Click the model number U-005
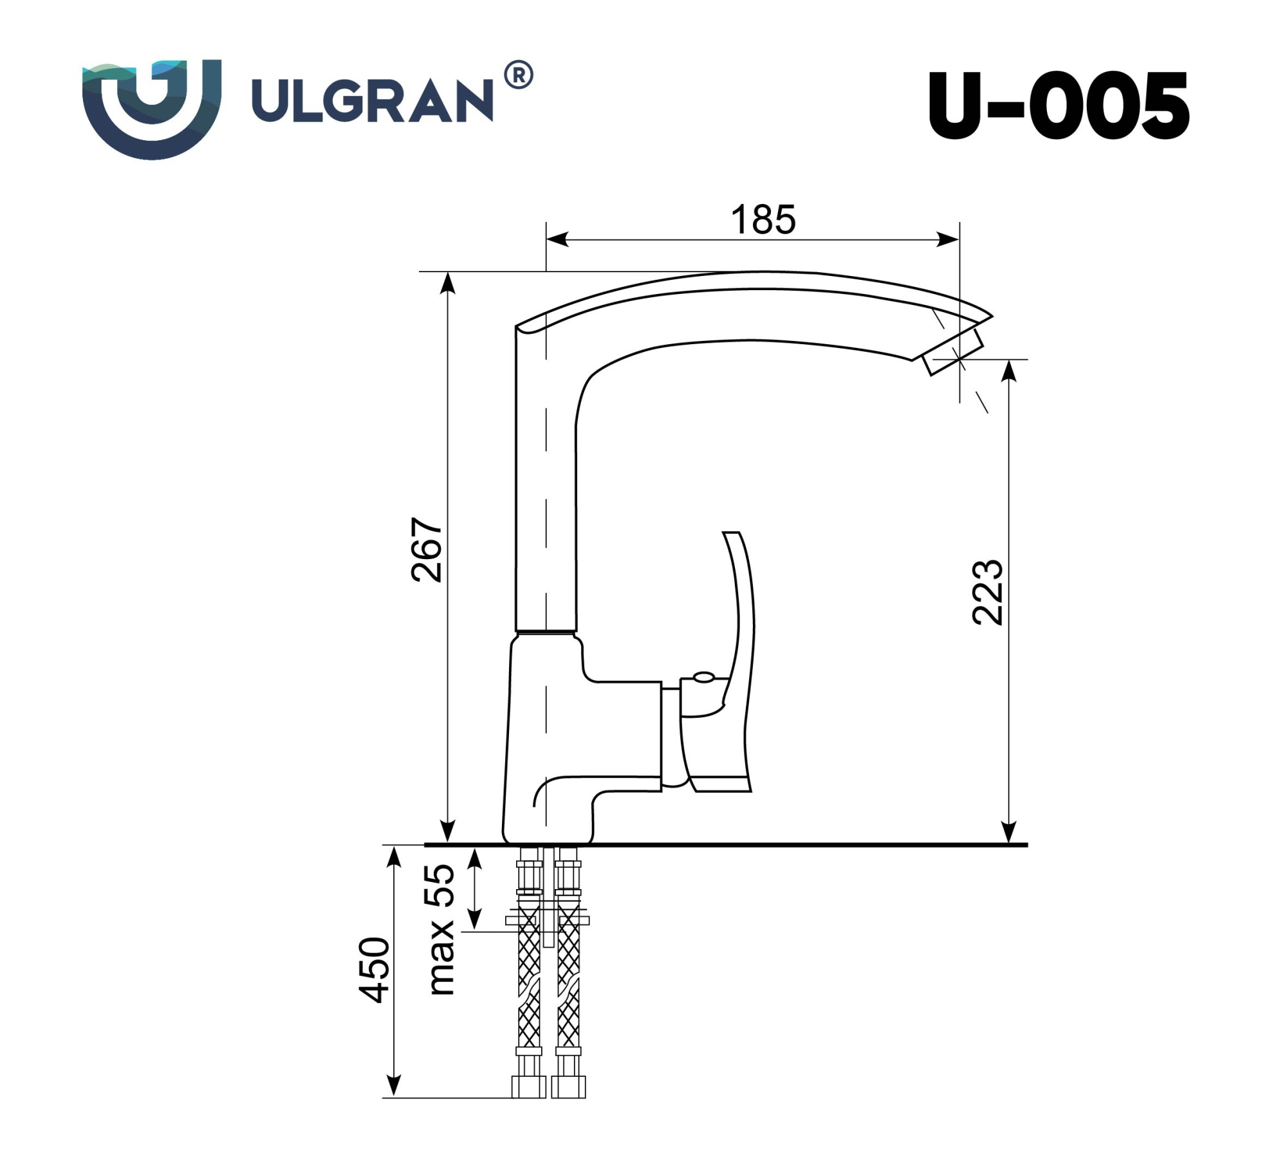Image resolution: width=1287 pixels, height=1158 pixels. click(1058, 106)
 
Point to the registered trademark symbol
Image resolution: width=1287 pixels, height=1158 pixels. click(518, 75)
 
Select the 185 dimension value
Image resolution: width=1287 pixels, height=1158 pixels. click(763, 220)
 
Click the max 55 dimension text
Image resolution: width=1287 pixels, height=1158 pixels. click(441, 930)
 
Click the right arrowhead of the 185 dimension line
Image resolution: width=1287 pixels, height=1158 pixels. click(949, 240)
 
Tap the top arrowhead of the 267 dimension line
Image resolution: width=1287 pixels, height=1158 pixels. click(448, 282)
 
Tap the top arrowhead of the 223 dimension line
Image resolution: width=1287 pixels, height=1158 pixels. click(1010, 370)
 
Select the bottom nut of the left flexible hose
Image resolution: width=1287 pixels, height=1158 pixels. click(528, 1087)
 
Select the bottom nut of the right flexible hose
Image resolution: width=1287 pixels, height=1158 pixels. click(568, 1087)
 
